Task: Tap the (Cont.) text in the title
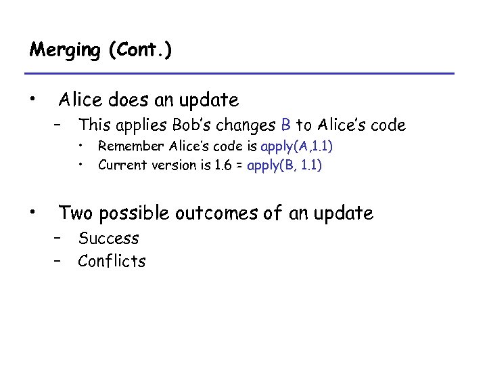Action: [139, 51]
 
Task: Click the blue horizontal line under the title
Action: [239, 73]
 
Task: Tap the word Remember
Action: [131, 146]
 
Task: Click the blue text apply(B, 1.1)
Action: [285, 165]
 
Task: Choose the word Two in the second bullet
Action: [74, 213]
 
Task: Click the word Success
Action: [108, 239]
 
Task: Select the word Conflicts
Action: [112, 261]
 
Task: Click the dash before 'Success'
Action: [60, 239]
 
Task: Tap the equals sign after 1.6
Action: [239, 165]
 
